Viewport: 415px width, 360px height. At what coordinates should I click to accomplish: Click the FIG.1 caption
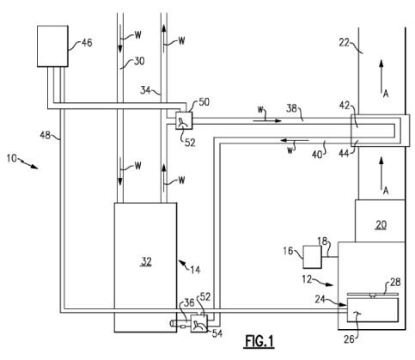(259, 342)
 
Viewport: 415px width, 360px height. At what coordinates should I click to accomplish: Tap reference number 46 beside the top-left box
(87, 43)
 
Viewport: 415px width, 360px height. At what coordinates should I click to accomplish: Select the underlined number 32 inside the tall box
(146, 261)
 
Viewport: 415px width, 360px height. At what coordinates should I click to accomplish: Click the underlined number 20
(381, 225)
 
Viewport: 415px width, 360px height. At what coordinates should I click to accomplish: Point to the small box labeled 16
(312, 257)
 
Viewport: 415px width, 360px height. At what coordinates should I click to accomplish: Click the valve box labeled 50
(184, 120)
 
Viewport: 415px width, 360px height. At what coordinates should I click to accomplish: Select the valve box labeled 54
(199, 324)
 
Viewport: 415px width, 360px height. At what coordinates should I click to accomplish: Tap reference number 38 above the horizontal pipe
(291, 108)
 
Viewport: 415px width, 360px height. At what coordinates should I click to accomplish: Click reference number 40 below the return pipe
(317, 155)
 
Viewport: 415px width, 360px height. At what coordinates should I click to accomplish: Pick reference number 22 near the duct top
(345, 43)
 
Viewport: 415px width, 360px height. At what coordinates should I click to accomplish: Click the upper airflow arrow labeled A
(381, 76)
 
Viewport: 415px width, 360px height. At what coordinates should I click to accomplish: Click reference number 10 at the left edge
(12, 158)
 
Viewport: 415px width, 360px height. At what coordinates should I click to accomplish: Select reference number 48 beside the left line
(45, 135)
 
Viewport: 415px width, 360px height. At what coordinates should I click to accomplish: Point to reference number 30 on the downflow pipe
(139, 61)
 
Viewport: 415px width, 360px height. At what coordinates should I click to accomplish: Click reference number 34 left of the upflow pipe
(145, 90)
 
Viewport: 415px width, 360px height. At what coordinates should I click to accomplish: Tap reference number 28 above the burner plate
(395, 282)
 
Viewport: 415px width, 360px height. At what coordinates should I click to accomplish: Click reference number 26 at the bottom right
(349, 339)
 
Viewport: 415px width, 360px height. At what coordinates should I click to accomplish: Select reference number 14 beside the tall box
(195, 270)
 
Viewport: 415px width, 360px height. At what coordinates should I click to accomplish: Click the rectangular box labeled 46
(52, 46)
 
